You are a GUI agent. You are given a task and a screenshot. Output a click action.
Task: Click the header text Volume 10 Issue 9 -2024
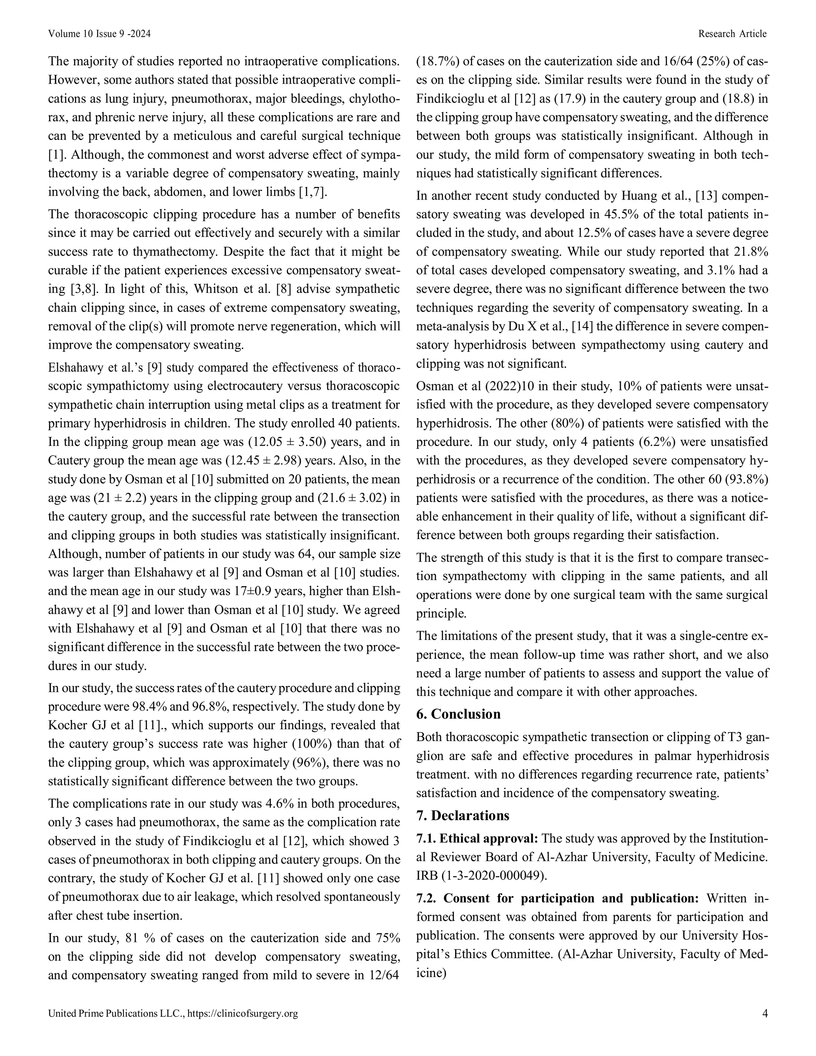tap(99, 33)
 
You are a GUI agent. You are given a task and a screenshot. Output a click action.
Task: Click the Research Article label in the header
tap(732, 33)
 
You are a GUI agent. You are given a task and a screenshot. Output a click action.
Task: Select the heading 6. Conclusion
tap(458, 714)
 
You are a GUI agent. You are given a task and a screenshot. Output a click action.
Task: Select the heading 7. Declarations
tap(463, 816)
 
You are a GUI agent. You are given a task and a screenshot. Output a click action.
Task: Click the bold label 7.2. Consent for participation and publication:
tap(557, 898)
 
